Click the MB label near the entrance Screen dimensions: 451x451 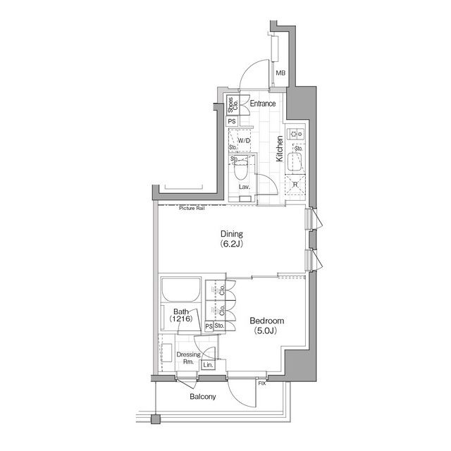[280, 73]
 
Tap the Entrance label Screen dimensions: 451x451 [262, 104]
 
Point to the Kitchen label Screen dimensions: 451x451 [279, 149]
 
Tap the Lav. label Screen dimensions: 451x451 [245, 187]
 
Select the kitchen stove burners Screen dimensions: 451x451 [297, 131]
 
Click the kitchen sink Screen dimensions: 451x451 [295, 163]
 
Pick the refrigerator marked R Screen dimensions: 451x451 [295, 185]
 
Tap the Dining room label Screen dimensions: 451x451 [231, 234]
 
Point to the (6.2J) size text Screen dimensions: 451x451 [231, 245]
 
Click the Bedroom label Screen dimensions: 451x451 [266, 321]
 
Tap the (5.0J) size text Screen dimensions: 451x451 [266, 332]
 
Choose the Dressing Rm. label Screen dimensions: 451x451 [187, 358]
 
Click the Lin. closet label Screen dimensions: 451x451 [208, 366]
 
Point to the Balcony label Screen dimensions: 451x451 [203, 397]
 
